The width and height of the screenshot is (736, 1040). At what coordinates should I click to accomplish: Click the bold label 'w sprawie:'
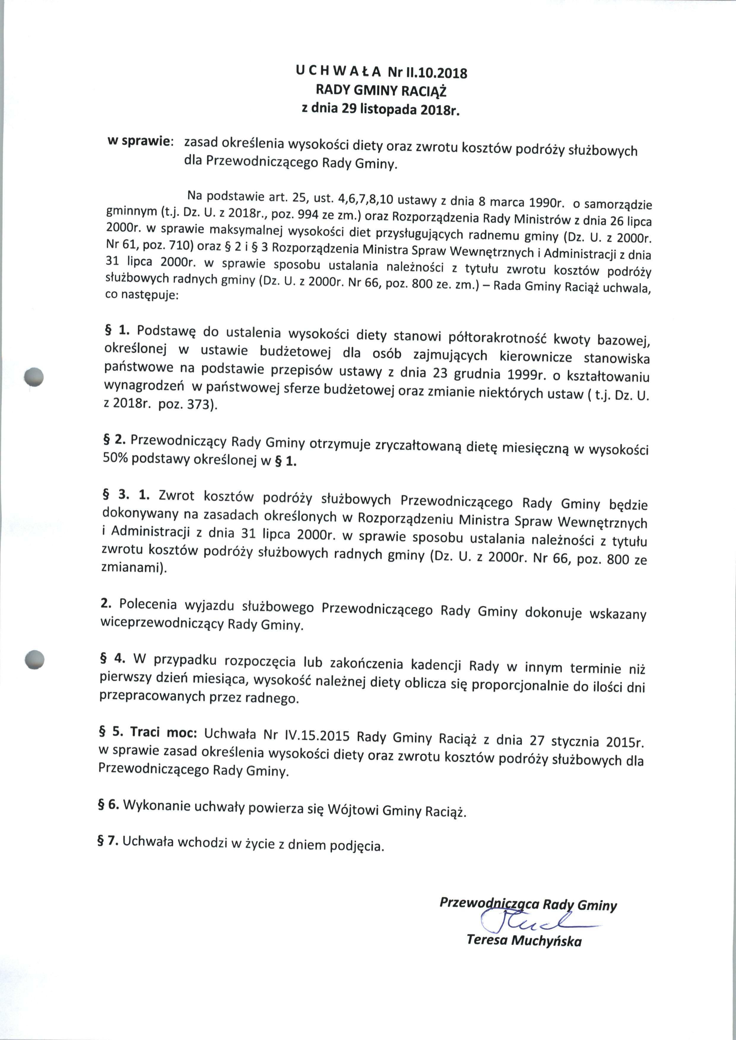[140, 141]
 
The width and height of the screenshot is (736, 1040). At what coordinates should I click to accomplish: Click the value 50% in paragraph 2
[116, 458]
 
